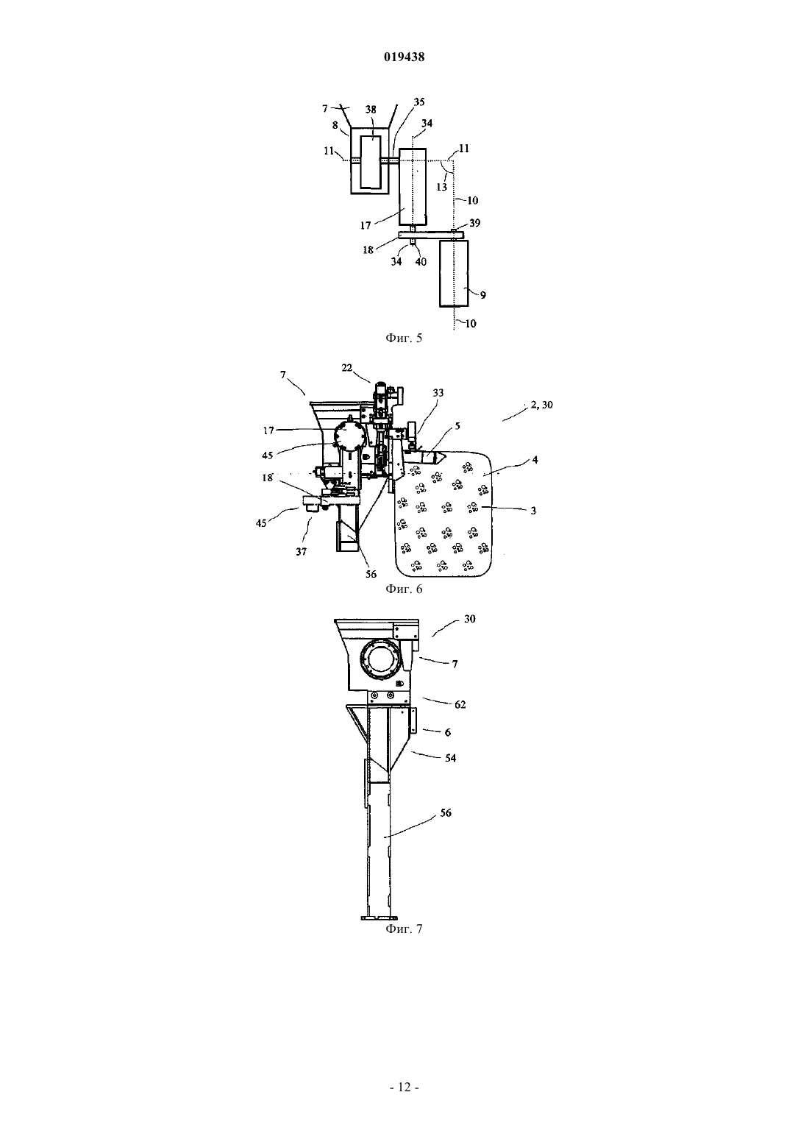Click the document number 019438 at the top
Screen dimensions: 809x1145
click(404, 57)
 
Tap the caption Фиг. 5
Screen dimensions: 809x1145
click(404, 338)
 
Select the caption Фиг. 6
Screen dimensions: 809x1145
click(404, 589)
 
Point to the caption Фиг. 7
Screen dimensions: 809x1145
click(404, 929)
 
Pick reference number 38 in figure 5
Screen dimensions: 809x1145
click(371, 110)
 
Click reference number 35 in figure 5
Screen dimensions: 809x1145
click(418, 102)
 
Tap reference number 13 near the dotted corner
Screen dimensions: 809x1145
click(442, 187)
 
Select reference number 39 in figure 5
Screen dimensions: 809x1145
click(474, 223)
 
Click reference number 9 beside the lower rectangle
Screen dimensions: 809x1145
click(482, 295)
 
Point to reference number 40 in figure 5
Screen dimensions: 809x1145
click(420, 262)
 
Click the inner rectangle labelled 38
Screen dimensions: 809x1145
click(371, 161)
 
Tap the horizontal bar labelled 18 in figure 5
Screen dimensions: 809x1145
click(430, 235)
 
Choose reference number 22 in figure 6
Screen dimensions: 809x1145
click(347, 367)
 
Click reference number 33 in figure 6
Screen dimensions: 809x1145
click(438, 392)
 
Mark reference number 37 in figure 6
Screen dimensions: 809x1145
click(302, 552)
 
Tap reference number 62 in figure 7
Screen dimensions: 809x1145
click(460, 704)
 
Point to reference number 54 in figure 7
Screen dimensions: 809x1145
click(450, 758)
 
